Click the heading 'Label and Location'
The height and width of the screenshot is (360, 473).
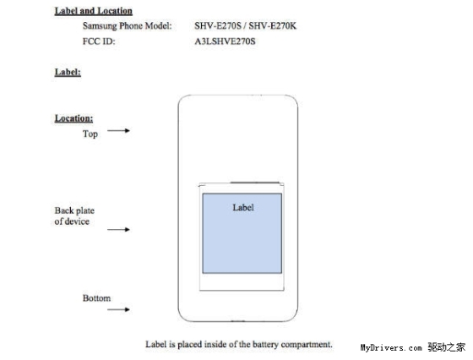[x=93, y=11]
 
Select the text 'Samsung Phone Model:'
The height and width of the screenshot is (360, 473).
[x=128, y=26]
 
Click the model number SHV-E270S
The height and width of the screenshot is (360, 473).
[x=218, y=25]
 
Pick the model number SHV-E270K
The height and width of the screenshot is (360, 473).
[x=272, y=25]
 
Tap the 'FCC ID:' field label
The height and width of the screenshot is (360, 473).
[x=99, y=41]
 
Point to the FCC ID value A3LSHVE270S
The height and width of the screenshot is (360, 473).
[x=225, y=41]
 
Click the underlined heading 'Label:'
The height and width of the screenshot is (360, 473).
[x=68, y=72]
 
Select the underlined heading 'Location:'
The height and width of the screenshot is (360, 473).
[x=73, y=118]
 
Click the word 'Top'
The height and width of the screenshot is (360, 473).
[x=90, y=134]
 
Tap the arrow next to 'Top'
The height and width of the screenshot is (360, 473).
[x=118, y=131]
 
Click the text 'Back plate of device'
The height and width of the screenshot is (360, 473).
[x=74, y=216]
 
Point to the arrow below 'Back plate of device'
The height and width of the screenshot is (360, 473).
[x=118, y=230]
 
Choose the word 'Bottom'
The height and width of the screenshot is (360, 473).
[x=96, y=298]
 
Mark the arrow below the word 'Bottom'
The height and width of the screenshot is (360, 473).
[x=118, y=309]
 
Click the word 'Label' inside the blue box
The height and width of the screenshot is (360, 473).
[x=243, y=208]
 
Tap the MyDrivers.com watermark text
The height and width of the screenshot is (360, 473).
[x=391, y=348]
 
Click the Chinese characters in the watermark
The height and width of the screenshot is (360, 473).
[x=447, y=347]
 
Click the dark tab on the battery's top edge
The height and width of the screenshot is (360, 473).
[x=254, y=183]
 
